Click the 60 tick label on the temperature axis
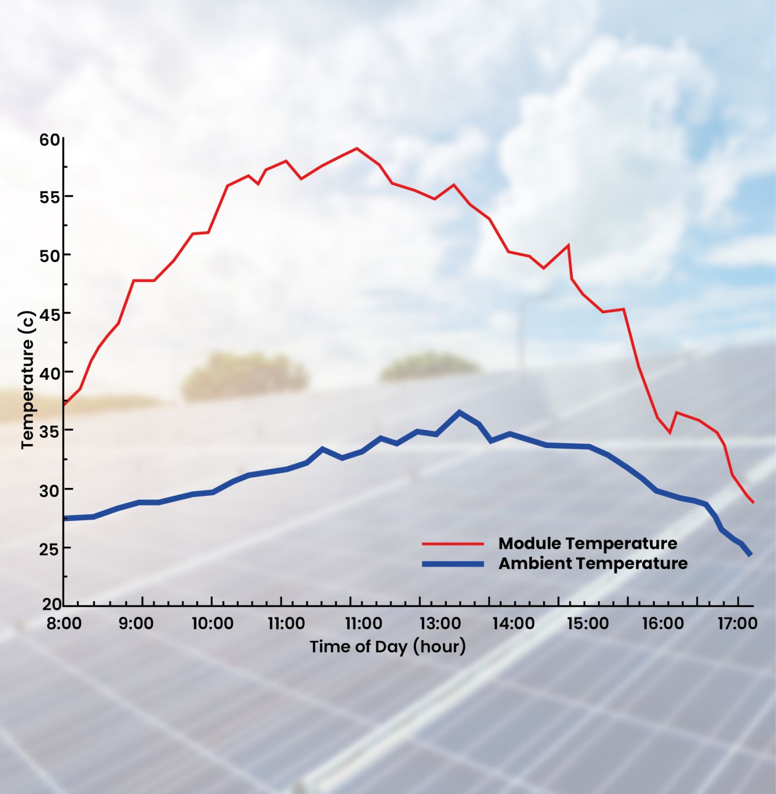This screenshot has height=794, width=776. pos(50,140)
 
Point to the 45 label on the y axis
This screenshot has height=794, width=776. pos(50,314)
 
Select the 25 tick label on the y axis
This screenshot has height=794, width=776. pos(50,549)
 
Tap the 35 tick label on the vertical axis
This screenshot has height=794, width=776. pos(50,431)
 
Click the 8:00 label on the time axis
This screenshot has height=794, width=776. pos(64,623)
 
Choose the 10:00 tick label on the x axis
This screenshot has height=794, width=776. pos(212,623)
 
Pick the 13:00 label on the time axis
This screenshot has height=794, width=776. pos(440,623)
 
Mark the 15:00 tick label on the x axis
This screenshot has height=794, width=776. pos(588,623)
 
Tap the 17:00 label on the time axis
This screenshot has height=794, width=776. pos(737,623)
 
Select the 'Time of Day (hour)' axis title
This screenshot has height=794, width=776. pos(387,647)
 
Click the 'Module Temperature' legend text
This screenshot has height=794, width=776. pos(587,543)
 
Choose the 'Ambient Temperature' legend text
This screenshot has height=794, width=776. pos(593,563)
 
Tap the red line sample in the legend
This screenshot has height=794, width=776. pos(453,544)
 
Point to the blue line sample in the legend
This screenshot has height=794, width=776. pos(453,563)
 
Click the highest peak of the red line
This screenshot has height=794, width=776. pos(356,148)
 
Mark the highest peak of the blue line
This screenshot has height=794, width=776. pos(459,412)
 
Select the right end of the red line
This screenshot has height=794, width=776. pos(753,502)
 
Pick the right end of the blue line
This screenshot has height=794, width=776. pos(750,555)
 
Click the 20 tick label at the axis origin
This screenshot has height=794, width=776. pos(52,604)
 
